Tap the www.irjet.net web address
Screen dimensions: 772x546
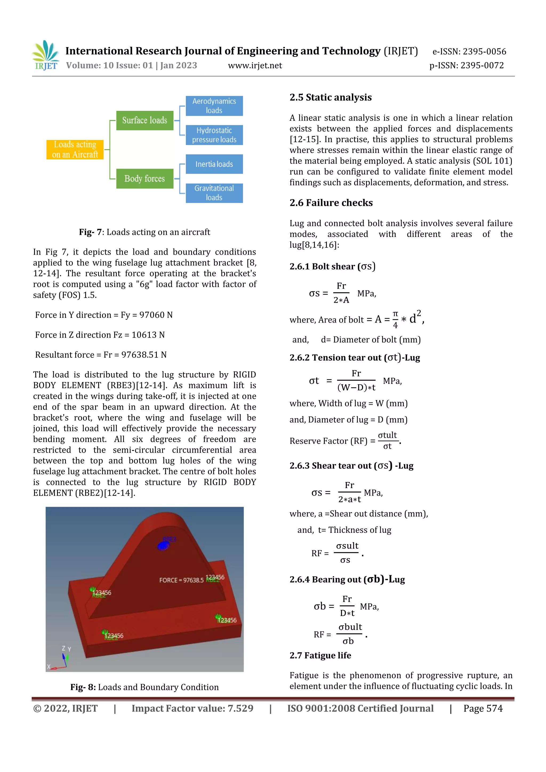pos(255,66)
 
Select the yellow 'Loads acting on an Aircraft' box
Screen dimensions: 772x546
pos(75,150)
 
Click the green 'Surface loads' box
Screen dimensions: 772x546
pos(144,120)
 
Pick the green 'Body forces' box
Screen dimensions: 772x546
pos(144,179)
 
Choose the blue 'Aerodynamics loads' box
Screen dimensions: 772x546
pos(214,106)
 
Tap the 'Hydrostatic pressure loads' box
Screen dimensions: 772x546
pos(214,135)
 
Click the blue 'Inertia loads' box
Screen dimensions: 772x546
pos(214,164)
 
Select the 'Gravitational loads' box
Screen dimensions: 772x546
pos(214,193)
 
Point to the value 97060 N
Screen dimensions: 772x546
pos(156,315)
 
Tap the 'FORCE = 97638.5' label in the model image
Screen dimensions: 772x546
pos(181,580)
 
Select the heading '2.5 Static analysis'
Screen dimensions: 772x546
pos(331,98)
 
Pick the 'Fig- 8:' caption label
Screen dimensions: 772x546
pos(83,687)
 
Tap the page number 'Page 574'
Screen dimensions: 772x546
pos(483,709)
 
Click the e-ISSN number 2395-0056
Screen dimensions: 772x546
pos(484,51)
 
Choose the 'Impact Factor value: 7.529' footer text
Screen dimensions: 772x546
pos(192,709)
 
